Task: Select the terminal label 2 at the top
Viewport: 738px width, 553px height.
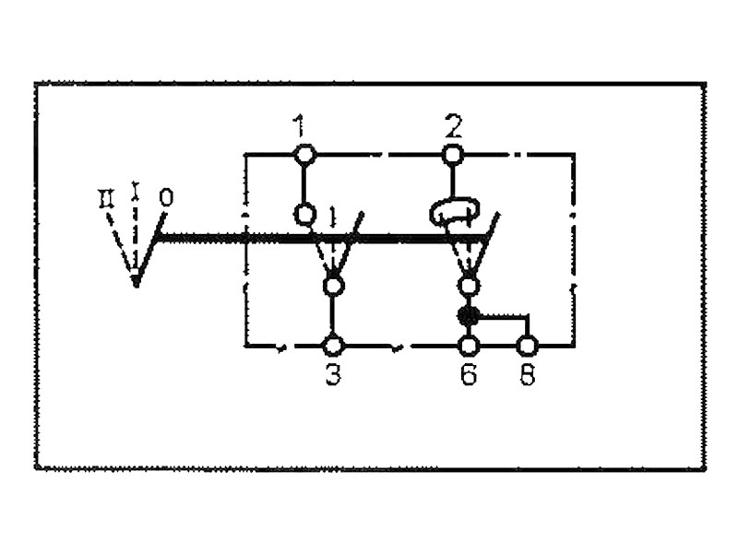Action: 452,124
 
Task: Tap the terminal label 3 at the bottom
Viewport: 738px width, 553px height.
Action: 333,376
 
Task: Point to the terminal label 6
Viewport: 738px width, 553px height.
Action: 469,376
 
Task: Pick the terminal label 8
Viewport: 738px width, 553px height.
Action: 527,376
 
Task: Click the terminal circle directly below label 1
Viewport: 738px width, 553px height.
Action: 304,155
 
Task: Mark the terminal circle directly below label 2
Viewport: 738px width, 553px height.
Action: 452,155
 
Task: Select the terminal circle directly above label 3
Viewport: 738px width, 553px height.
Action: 333,346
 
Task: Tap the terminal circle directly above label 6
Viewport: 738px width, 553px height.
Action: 469,346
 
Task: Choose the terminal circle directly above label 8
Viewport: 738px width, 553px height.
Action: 527,346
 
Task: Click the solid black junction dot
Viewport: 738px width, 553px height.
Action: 468,316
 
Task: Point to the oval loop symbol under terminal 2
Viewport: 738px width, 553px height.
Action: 452,213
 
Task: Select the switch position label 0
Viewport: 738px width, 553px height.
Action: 165,197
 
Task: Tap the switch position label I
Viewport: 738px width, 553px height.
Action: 137,191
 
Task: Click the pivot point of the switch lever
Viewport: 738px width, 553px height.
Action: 136,278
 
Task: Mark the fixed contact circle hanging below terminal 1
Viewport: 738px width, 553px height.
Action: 304,214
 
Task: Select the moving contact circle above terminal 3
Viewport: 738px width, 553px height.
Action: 333,286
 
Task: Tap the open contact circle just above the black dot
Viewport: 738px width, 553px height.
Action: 469,286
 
